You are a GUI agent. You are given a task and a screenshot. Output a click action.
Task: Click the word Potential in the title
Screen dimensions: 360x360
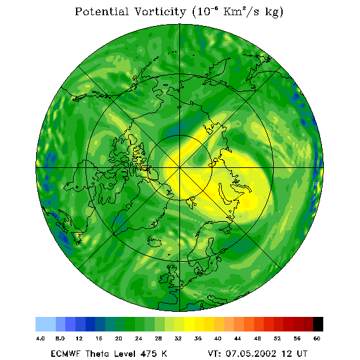point(101,11)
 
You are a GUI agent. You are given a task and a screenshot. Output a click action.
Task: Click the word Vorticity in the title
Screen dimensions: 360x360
point(160,11)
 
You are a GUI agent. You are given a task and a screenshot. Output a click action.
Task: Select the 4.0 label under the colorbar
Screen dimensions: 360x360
point(41,338)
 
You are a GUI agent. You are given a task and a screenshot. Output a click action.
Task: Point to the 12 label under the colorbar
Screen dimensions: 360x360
point(79,338)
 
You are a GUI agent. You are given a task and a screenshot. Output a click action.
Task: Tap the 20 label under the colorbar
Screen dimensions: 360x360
point(119,338)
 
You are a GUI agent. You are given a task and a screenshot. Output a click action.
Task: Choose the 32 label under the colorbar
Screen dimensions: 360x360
point(178,338)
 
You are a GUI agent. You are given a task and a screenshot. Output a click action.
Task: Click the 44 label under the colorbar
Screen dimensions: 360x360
point(238,338)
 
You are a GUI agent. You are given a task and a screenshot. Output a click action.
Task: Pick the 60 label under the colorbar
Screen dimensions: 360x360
point(317,338)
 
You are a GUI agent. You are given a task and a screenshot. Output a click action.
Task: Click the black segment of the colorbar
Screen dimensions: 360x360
point(318,324)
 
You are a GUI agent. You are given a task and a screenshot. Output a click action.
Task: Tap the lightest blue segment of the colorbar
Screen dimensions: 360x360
point(46,324)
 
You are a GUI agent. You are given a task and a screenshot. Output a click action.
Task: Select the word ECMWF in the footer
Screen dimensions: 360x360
point(65,354)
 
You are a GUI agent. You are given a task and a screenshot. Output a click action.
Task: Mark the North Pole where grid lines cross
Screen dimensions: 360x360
point(179,168)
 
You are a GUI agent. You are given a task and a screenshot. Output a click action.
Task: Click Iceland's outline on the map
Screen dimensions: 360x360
point(155,242)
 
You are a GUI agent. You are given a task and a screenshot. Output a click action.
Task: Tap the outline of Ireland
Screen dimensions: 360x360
point(164,278)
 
